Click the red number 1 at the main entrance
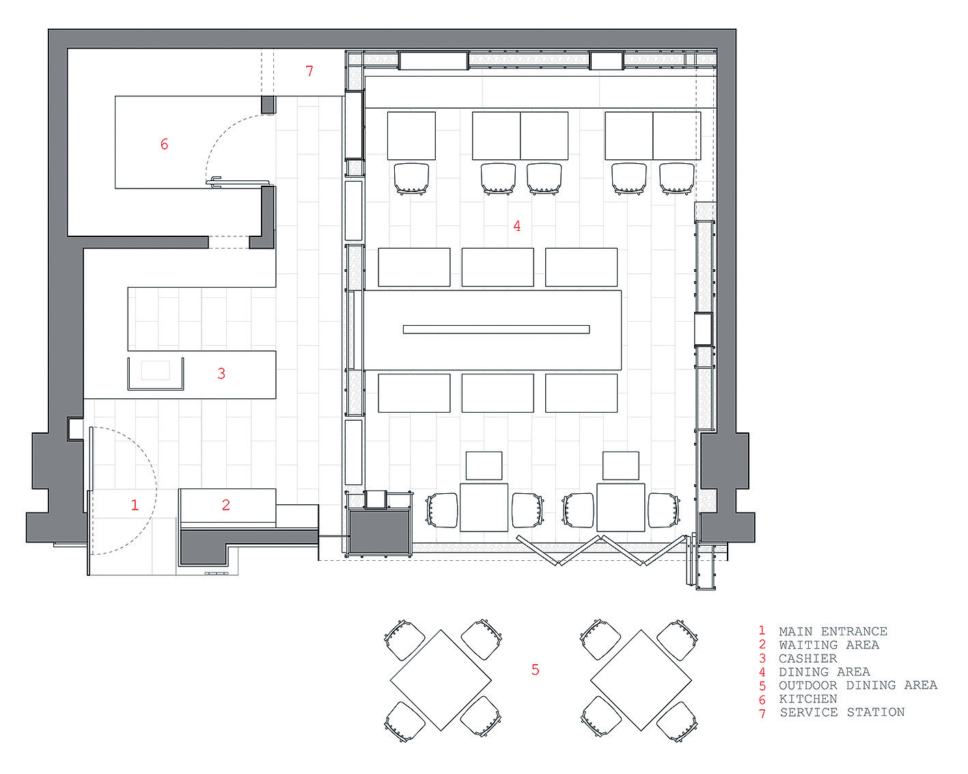point(135,505)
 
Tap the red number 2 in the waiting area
point(226,505)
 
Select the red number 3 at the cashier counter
point(221,373)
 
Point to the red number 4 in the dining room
point(517,226)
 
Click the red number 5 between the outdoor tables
point(535,669)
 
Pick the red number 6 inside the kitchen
point(164,144)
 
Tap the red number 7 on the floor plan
point(309,71)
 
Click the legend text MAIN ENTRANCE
point(833,631)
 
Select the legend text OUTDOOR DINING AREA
point(858,685)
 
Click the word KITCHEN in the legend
point(808,698)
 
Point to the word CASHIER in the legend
point(808,658)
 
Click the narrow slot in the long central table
point(496,329)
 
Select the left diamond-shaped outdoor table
point(441,680)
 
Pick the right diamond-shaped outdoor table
point(641,680)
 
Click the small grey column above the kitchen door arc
point(268,105)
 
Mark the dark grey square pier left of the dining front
point(380,531)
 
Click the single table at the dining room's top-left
point(411,136)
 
